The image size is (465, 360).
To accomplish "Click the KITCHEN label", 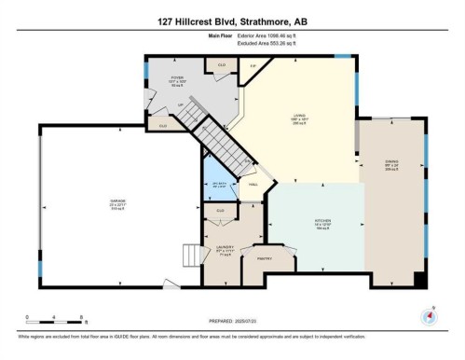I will (x=322, y=224).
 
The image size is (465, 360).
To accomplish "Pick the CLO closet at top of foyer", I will (x=222, y=64).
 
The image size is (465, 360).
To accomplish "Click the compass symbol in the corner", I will (x=429, y=315).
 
